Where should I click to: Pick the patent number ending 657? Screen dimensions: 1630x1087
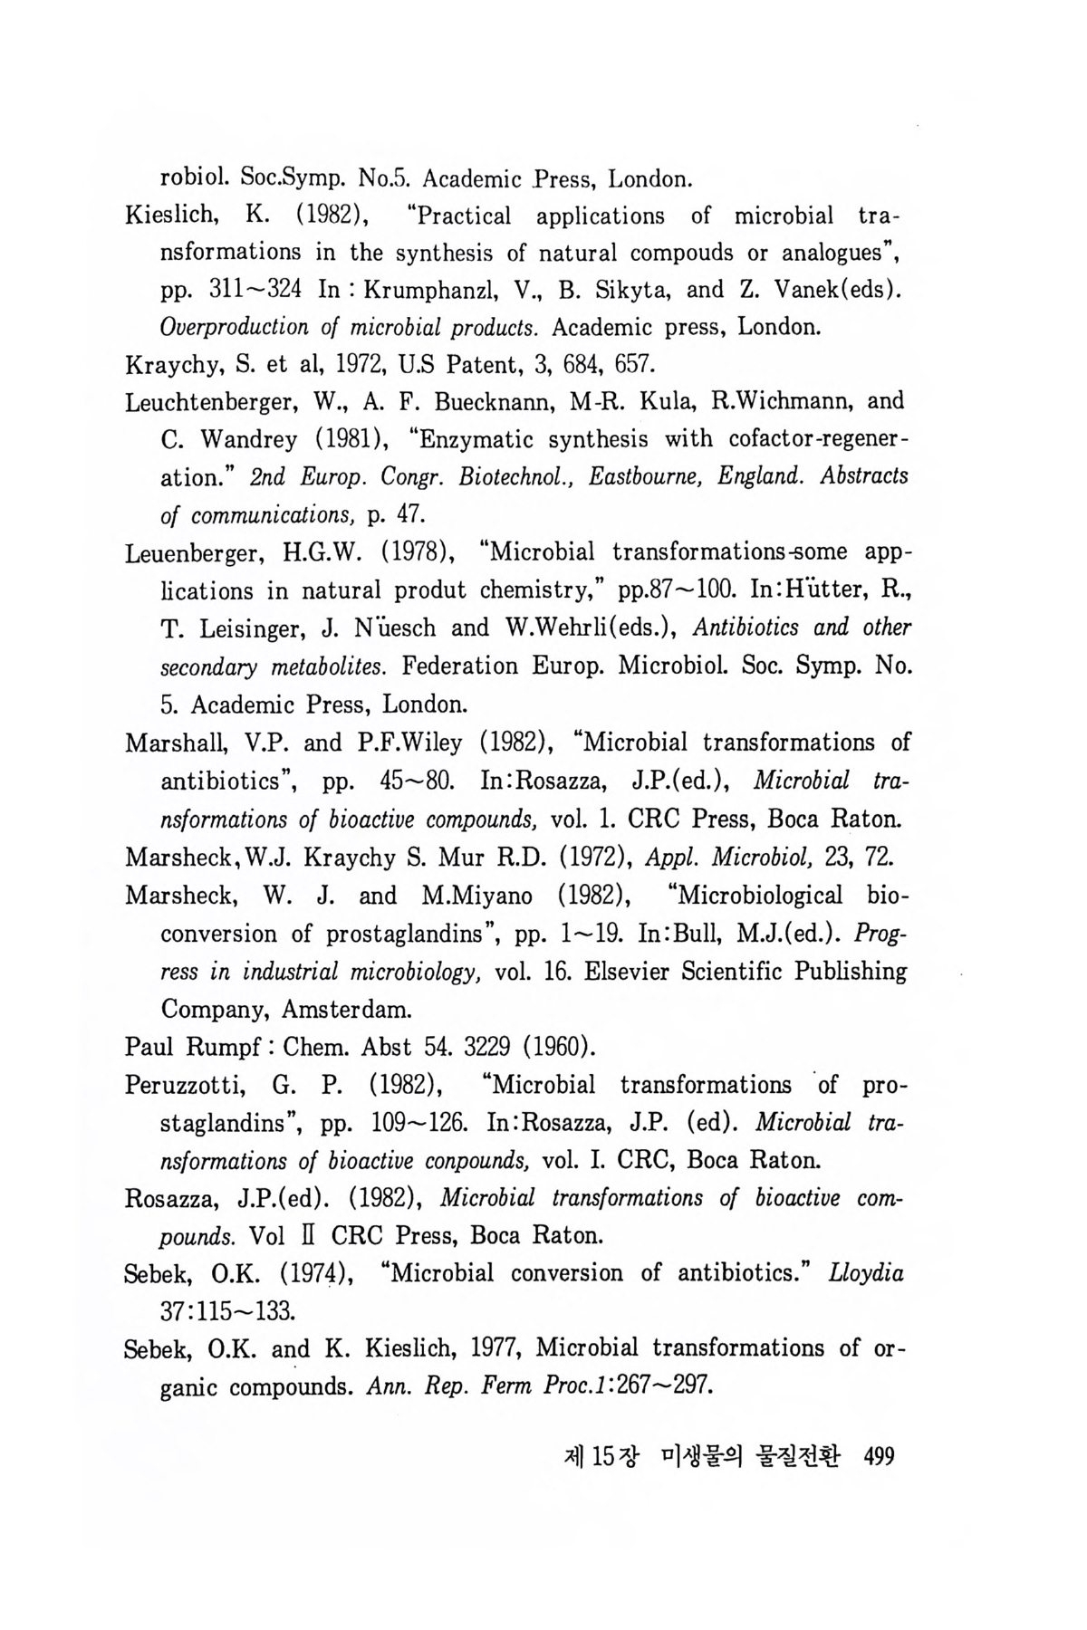(x=631, y=365)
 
